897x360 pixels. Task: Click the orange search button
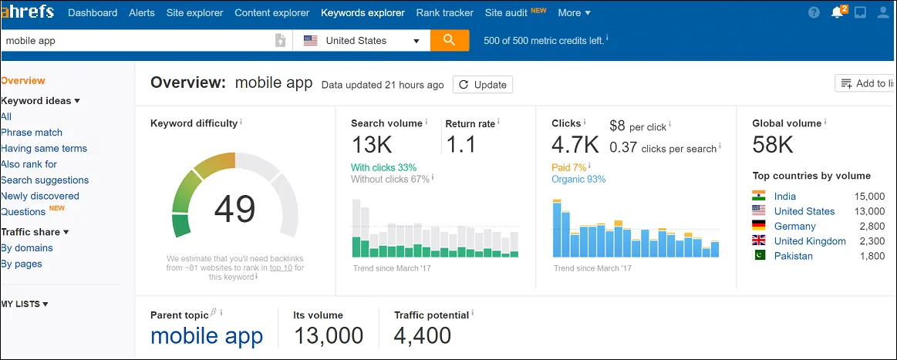[x=450, y=40]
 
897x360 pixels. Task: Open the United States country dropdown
[x=362, y=41]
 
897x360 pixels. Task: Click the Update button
[x=483, y=85]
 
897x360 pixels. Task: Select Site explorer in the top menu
[x=194, y=12]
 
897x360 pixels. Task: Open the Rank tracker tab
[x=445, y=12]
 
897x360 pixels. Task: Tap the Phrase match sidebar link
[x=32, y=133]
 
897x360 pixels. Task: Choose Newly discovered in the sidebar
[x=40, y=196]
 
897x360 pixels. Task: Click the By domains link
[x=27, y=248]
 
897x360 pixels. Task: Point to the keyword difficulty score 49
[x=234, y=207]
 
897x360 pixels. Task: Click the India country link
[x=785, y=197]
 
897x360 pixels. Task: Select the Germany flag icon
[x=759, y=226]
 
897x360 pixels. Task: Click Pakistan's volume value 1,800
[x=872, y=256]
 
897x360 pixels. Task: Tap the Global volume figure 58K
[x=773, y=144]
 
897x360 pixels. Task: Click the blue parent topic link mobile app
[x=207, y=336]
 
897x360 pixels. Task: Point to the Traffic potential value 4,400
[x=423, y=336]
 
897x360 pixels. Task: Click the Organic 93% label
[x=578, y=180]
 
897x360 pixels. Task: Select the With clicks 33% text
[x=383, y=167]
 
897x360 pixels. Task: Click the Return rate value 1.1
[x=461, y=144]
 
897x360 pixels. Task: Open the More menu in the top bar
[x=574, y=12]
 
